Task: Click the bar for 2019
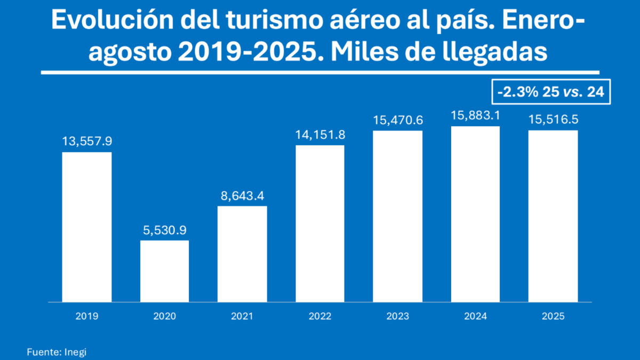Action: coord(87,227)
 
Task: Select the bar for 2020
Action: coord(164,271)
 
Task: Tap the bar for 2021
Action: coord(242,254)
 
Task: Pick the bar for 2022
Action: coord(320,223)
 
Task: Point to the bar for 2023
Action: coord(397,216)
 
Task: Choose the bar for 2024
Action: coord(475,214)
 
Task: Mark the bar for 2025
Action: coord(553,216)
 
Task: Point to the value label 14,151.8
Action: coord(320,135)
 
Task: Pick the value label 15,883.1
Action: coord(475,116)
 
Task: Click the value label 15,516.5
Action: coord(553,120)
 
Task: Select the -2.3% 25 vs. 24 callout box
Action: coord(551,92)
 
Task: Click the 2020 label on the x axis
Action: coord(164,316)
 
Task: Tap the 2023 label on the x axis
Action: coord(397,316)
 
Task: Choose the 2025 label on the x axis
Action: coord(553,316)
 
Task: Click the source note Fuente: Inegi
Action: coord(56,352)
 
